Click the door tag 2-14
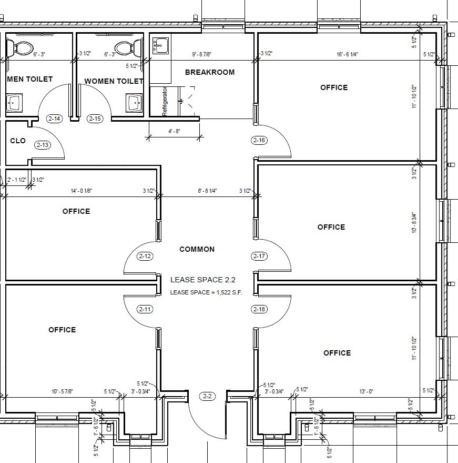click(x=54, y=119)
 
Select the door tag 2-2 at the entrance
click(x=207, y=396)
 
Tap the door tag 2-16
click(x=259, y=140)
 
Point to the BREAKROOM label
click(x=210, y=72)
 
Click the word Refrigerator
click(x=165, y=101)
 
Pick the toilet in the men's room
click(x=19, y=48)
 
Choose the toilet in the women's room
click(x=128, y=48)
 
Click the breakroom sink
click(x=160, y=45)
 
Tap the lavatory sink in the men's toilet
click(x=14, y=103)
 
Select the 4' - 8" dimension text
click(x=174, y=131)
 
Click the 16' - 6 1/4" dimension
click(x=347, y=54)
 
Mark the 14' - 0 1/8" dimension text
click(x=82, y=191)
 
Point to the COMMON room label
click(x=197, y=249)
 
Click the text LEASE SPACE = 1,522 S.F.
click(x=206, y=292)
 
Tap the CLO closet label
click(x=18, y=141)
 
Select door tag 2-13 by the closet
click(x=43, y=145)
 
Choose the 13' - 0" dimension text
click(x=367, y=391)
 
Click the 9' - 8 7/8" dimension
click(x=201, y=54)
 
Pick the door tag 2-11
click(x=145, y=309)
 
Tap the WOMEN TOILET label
click(x=114, y=81)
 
